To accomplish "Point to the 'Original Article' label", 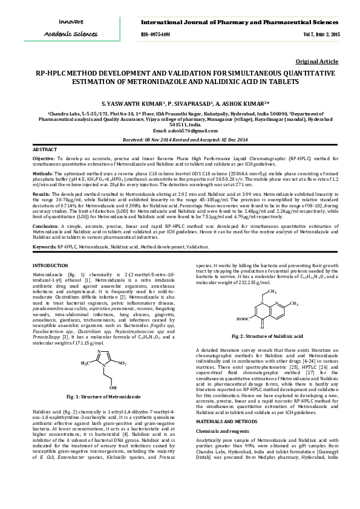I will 316,62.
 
